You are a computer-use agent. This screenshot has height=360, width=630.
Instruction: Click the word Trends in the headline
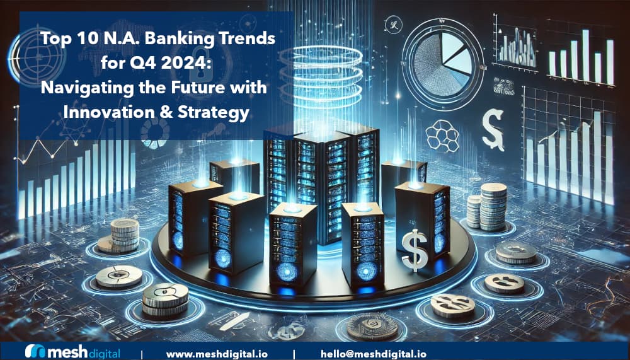(x=251, y=38)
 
